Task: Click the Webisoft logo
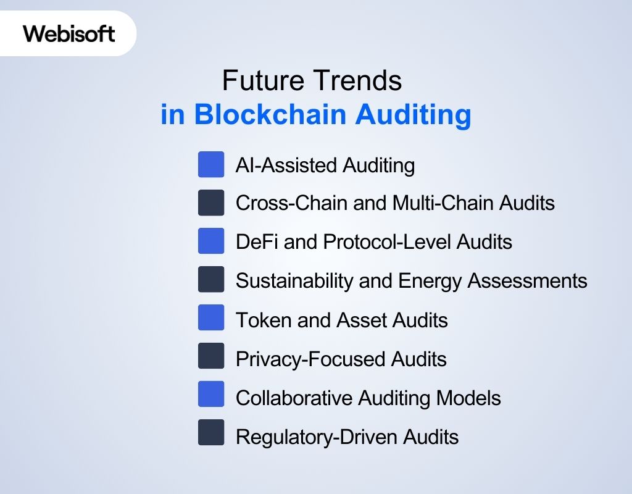(69, 33)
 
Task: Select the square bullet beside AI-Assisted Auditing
(211, 165)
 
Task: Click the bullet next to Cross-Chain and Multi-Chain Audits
(211, 203)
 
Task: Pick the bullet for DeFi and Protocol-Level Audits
(211, 241)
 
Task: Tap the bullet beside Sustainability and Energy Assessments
(211, 280)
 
